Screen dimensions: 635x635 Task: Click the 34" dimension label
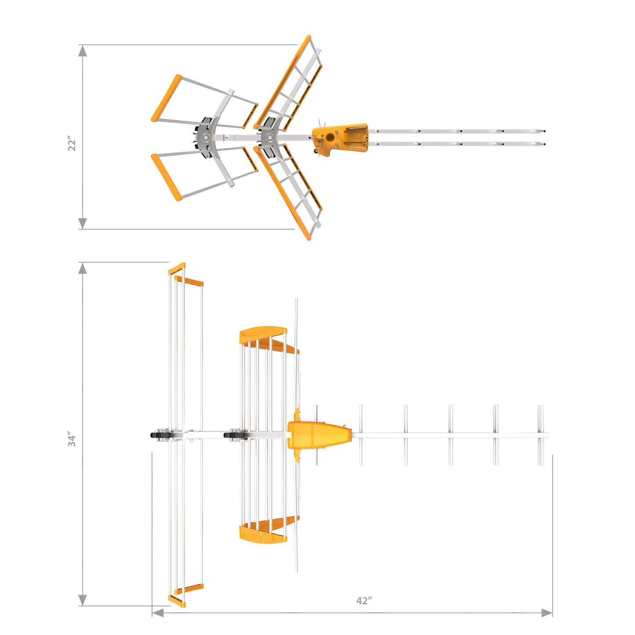[72, 439]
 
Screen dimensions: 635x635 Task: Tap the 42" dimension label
[364, 601]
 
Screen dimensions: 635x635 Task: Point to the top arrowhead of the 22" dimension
[82, 51]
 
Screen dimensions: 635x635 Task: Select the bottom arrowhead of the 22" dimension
[82, 223]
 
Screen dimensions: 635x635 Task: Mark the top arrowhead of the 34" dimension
[82, 268]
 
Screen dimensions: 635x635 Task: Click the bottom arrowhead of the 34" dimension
[82, 600]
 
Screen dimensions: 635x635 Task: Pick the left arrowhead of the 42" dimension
[158, 613]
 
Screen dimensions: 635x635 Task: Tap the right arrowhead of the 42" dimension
[546, 613]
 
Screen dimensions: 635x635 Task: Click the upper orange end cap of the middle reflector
[263, 334]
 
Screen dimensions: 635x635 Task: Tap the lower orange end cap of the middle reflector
[263, 533]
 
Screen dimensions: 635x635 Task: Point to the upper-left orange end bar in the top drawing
[166, 98]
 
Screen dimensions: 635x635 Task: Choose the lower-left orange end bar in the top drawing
[166, 177]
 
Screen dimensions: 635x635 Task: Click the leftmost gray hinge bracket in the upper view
[205, 138]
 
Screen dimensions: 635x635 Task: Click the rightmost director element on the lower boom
[541, 435]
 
